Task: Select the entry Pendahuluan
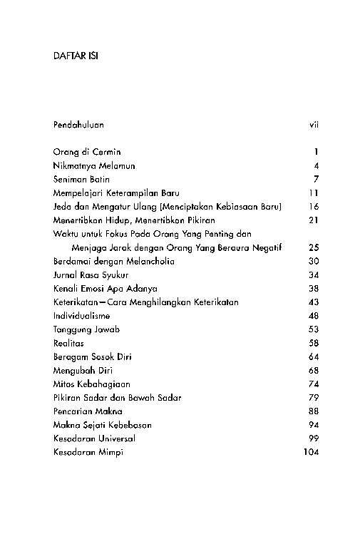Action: [78, 125]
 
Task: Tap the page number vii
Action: [313, 125]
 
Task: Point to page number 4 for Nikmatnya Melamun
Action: [315, 165]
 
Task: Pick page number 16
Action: [313, 207]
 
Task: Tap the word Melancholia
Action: [148, 261]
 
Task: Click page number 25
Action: [313, 247]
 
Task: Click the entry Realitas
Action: [68, 343]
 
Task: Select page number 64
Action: [313, 356]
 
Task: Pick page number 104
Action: [311, 452]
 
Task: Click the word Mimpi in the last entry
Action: [110, 452]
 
